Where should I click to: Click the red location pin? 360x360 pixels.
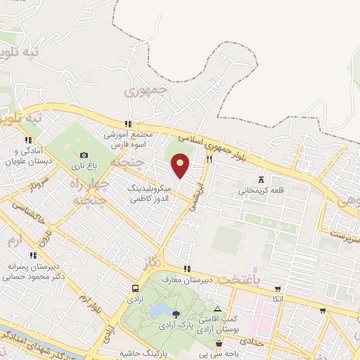pos(181,166)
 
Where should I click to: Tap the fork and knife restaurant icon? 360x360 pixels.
pos(209,160)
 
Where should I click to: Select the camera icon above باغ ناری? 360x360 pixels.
pos(84,155)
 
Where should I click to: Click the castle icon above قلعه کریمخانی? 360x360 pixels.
pos(262,179)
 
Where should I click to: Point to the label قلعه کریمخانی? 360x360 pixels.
pos(260,190)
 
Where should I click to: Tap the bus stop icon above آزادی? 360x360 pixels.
pos(135,288)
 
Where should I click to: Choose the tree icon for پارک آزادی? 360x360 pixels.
pos(176,314)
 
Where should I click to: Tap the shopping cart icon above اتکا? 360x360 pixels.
pos(278,288)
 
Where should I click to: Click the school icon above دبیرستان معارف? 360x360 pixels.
pos(187,269)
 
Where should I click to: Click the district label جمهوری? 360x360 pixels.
pos(148,91)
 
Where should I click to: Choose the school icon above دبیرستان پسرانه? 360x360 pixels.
pos(32,257)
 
